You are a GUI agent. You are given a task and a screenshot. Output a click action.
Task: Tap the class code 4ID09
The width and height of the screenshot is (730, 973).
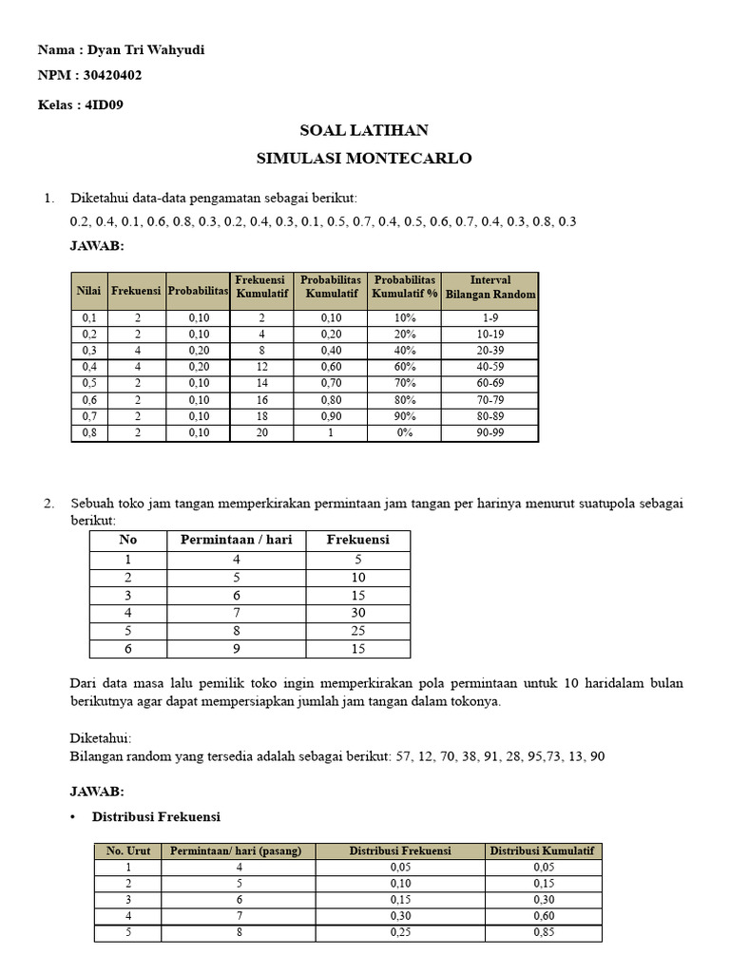[x=104, y=105]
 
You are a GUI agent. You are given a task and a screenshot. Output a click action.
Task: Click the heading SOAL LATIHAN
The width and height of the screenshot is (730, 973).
[x=364, y=130]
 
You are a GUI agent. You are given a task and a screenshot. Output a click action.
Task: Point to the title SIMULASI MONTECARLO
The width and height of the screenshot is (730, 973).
[x=364, y=158]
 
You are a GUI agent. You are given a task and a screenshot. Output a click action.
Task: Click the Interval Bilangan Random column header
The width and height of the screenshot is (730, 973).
[x=490, y=287]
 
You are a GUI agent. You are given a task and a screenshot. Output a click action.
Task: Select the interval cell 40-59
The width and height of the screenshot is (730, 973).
[x=490, y=366]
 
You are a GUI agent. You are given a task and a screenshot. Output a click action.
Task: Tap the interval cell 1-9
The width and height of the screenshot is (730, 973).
[x=490, y=318]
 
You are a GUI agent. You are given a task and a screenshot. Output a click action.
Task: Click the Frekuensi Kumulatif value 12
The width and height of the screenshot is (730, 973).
[x=262, y=366]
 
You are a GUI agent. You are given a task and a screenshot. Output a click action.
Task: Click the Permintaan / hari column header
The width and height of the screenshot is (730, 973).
[x=237, y=540]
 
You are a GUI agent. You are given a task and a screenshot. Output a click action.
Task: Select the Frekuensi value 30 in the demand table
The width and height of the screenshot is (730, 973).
[x=358, y=613]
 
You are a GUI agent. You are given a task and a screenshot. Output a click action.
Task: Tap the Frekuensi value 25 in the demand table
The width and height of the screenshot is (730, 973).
[x=358, y=631]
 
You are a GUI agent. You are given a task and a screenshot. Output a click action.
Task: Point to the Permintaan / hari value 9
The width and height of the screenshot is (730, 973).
[x=237, y=649]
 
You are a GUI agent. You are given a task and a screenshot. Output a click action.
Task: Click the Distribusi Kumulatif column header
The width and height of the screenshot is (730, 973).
[x=542, y=850]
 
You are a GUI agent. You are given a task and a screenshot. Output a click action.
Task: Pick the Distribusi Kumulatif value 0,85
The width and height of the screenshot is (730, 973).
[x=542, y=932]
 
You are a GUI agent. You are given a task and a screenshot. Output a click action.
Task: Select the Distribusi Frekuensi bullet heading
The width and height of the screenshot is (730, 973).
[x=156, y=816]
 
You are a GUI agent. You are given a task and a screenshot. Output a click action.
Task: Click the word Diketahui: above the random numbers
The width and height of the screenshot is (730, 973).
[x=101, y=738]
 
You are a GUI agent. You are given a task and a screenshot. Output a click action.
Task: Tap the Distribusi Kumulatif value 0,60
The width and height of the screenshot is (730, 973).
[x=542, y=916]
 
